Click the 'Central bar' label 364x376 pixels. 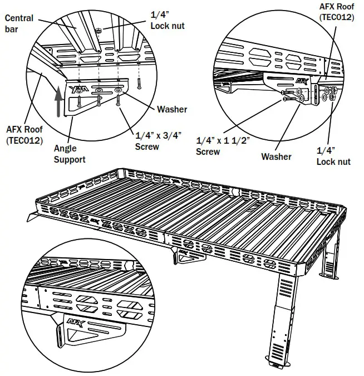click(x=18, y=23)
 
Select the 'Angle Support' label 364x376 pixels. click(x=70, y=154)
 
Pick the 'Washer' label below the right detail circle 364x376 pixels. click(x=276, y=157)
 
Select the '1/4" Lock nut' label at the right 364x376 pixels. click(x=333, y=156)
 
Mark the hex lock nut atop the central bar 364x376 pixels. click(x=97, y=30)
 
